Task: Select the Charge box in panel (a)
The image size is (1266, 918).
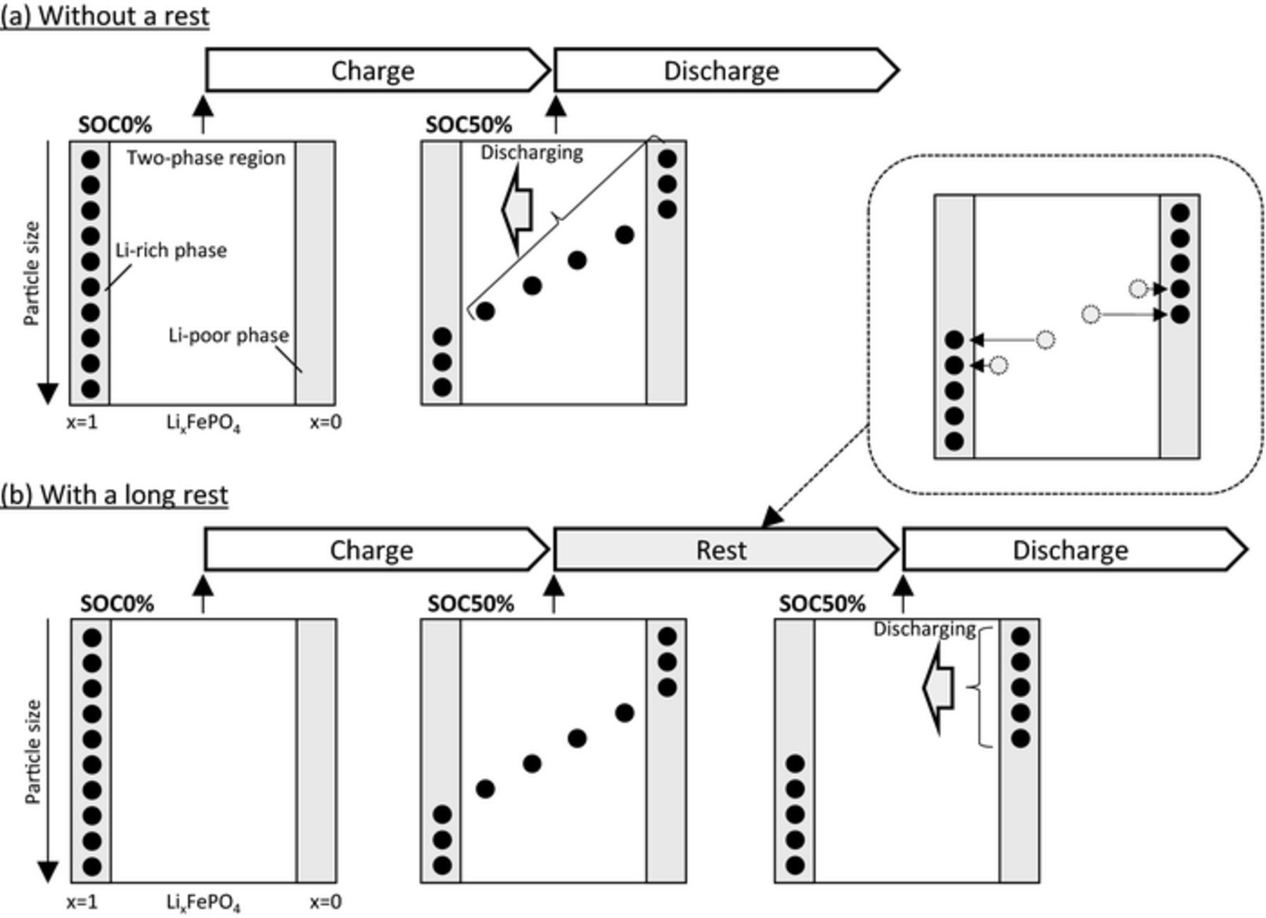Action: click(x=373, y=70)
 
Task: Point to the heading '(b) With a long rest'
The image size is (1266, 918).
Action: click(x=114, y=495)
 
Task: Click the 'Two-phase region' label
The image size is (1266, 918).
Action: click(x=205, y=157)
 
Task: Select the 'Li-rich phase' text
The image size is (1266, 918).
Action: click(x=171, y=250)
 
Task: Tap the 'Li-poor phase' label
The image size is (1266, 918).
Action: click(x=229, y=335)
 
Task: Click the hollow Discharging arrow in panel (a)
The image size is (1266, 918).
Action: click(x=518, y=209)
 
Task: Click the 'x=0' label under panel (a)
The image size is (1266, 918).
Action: click(x=326, y=422)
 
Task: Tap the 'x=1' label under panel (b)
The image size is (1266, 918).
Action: click(x=82, y=902)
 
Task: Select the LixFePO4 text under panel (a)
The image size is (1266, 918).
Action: click(x=203, y=423)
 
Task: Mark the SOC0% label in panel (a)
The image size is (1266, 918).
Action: click(x=115, y=125)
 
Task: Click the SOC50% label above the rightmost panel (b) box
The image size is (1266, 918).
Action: click(x=821, y=604)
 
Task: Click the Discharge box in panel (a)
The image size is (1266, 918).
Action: click(x=722, y=70)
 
